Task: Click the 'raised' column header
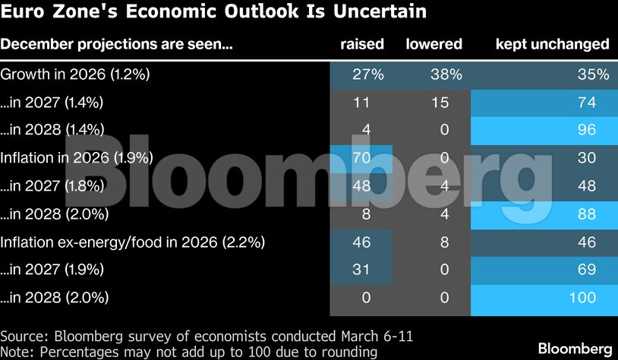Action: [x=362, y=44]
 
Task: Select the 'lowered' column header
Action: [x=434, y=44]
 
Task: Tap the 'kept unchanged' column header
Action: [x=552, y=44]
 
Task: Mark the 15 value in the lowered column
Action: [x=440, y=103]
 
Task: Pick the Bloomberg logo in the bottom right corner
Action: [x=574, y=348]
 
